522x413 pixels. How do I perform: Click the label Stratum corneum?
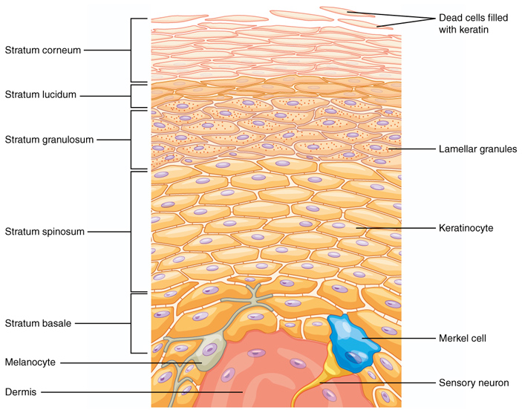pos(42,51)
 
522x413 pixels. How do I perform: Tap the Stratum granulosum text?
pos(49,140)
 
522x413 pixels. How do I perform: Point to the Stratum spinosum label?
pos(45,232)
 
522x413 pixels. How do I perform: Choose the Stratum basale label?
pos(39,323)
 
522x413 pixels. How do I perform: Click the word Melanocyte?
pos(30,362)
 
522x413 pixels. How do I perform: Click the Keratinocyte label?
pos(466,228)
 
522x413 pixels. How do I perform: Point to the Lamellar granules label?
pos(477,149)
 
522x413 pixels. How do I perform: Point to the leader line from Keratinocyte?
pos(394,228)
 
